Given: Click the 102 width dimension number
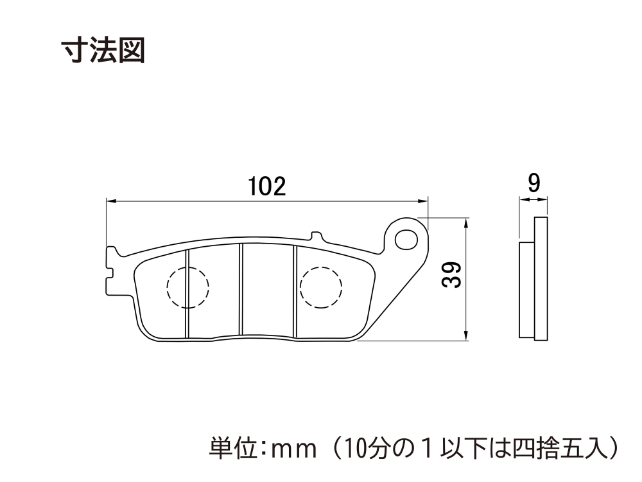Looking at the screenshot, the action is [x=267, y=186].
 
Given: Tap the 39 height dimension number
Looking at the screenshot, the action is [x=452, y=274].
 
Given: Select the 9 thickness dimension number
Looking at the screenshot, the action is [x=534, y=183].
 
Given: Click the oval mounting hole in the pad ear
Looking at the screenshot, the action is [x=406, y=240].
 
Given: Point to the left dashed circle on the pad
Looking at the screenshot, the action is [x=188, y=287].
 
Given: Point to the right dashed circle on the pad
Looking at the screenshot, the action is [x=321, y=287].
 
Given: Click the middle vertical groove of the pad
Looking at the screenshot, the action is [x=241, y=290].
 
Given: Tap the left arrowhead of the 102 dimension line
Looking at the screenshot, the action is [x=111, y=201].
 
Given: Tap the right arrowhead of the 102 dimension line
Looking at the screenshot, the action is [x=423, y=201].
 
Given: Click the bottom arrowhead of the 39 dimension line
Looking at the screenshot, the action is [x=465, y=335].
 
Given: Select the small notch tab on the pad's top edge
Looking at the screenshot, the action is [x=316, y=236].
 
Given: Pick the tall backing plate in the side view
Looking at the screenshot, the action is [x=541, y=278].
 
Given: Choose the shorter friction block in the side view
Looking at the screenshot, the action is [x=527, y=290].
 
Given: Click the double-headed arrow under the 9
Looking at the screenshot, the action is [x=534, y=200].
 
